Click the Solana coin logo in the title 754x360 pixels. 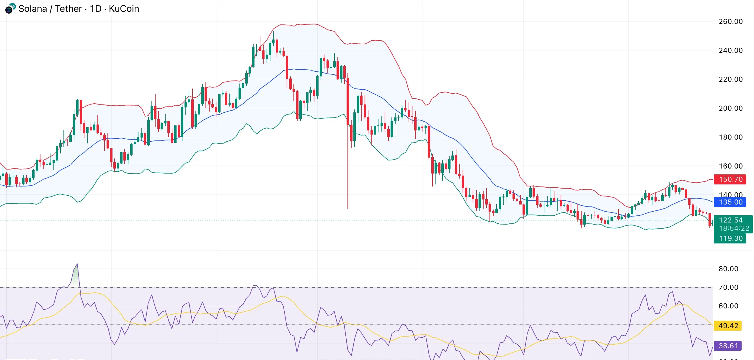point(10,8)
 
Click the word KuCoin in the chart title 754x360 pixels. point(124,9)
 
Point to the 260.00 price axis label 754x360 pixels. point(730,22)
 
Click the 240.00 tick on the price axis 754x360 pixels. point(730,50)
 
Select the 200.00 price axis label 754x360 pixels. point(730,108)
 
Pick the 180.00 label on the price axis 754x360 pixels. point(730,137)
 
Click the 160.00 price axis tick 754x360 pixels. point(730,166)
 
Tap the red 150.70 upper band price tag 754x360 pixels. point(730,179)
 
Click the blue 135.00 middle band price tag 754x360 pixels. point(730,202)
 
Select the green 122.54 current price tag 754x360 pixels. point(730,220)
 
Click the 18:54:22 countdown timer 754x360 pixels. point(734,228)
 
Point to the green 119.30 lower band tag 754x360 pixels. point(730,238)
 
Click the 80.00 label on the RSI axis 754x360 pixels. point(728,269)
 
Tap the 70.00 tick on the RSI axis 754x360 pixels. point(728,287)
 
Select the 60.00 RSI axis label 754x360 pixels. point(728,306)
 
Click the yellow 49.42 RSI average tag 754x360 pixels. point(728,326)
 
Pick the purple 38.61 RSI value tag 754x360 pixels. point(728,346)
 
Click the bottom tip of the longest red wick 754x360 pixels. point(348,209)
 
